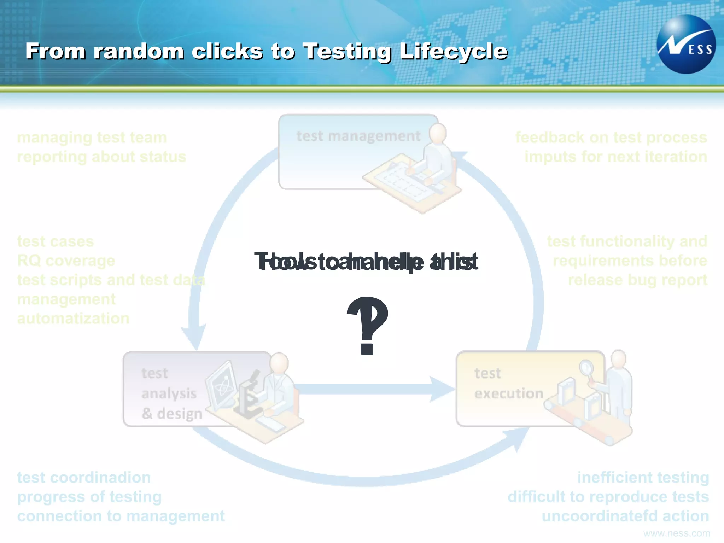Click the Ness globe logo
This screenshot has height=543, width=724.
click(x=686, y=45)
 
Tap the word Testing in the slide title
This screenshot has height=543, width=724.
click(x=347, y=52)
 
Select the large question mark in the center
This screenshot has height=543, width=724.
click(x=368, y=325)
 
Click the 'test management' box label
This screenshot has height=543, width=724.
click(x=358, y=136)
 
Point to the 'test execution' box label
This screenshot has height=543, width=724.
click(x=508, y=384)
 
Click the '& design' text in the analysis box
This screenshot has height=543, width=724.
click(x=172, y=414)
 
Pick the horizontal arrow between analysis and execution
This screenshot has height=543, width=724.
click(x=371, y=389)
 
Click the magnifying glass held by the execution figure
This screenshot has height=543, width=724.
click(x=586, y=368)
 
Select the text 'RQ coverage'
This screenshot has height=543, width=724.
click(x=66, y=261)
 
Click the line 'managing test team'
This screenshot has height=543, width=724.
click(x=92, y=138)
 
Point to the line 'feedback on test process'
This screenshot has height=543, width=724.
click(x=611, y=138)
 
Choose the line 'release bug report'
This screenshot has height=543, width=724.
click(x=637, y=280)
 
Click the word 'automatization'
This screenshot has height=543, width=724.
click(x=73, y=319)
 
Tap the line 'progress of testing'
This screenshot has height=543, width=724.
click(x=89, y=497)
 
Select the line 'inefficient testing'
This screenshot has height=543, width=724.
click(x=643, y=478)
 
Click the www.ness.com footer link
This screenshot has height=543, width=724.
click(x=676, y=533)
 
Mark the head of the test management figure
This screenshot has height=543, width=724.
click(x=438, y=133)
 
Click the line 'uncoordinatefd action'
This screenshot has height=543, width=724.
click(x=625, y=516)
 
